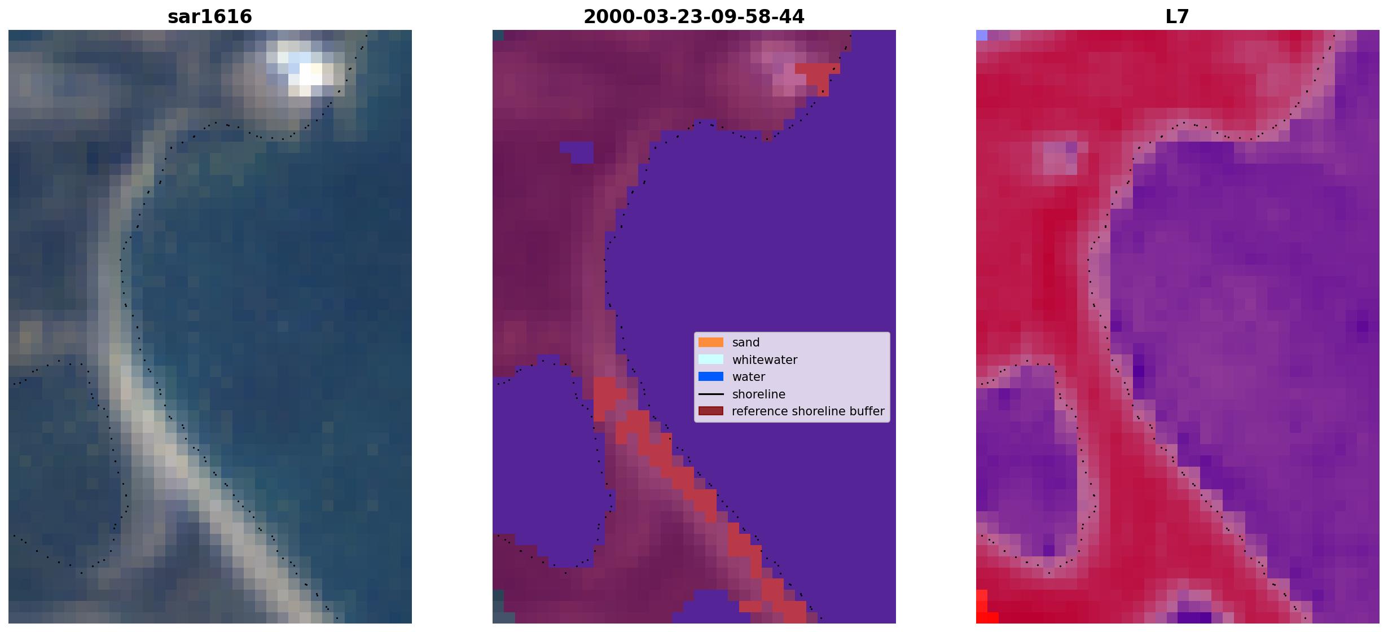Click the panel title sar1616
210,17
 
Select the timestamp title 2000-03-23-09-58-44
694,17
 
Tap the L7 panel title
1178,17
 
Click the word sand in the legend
746,343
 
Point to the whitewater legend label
765,360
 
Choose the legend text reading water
749,377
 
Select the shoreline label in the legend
759,394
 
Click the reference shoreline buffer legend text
808,411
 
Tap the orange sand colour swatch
711,343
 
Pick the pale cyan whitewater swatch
711,359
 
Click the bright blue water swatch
711,377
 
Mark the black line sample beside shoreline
711,394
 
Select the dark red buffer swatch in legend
711,411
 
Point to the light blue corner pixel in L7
982,35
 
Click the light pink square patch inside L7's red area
1055,158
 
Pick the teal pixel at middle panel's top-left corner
498,35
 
